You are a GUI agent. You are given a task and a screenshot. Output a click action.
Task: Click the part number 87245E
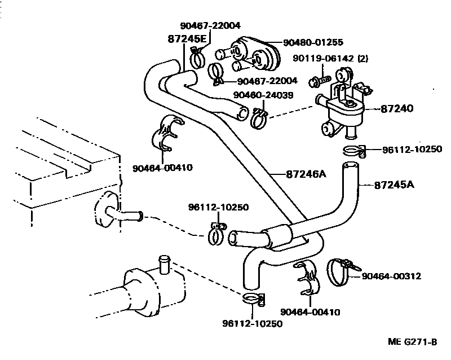(x=187, y=39)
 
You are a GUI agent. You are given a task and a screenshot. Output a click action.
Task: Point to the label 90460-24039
(x=267, y=95)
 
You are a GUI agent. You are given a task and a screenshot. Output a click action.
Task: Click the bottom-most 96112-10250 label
(x=252, y=323)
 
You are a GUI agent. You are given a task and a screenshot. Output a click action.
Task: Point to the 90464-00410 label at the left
(x=163, y=167)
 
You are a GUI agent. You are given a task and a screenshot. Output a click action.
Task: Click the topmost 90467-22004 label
(x=210, y=25)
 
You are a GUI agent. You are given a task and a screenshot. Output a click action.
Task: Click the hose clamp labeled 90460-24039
(x=259, y=116)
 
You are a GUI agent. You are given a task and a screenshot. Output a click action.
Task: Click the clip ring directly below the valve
(x=353, y=151)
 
